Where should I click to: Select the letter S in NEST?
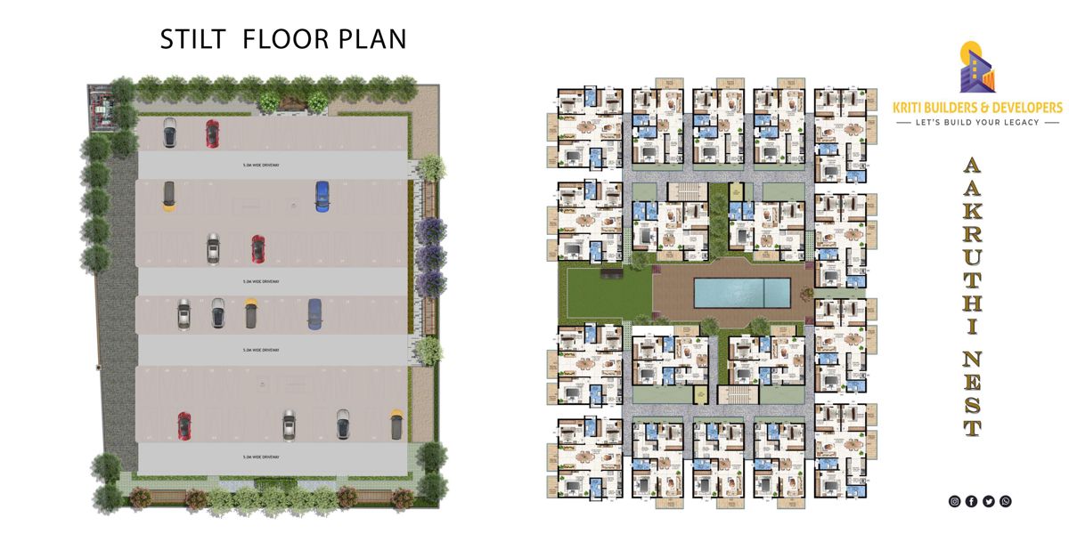point(973,406)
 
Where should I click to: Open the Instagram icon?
point(955,501)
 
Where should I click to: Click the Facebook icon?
point(972,501)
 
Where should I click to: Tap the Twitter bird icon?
point(989,501)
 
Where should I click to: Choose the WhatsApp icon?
point(1006,501)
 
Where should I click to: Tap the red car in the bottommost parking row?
point(184,425)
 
